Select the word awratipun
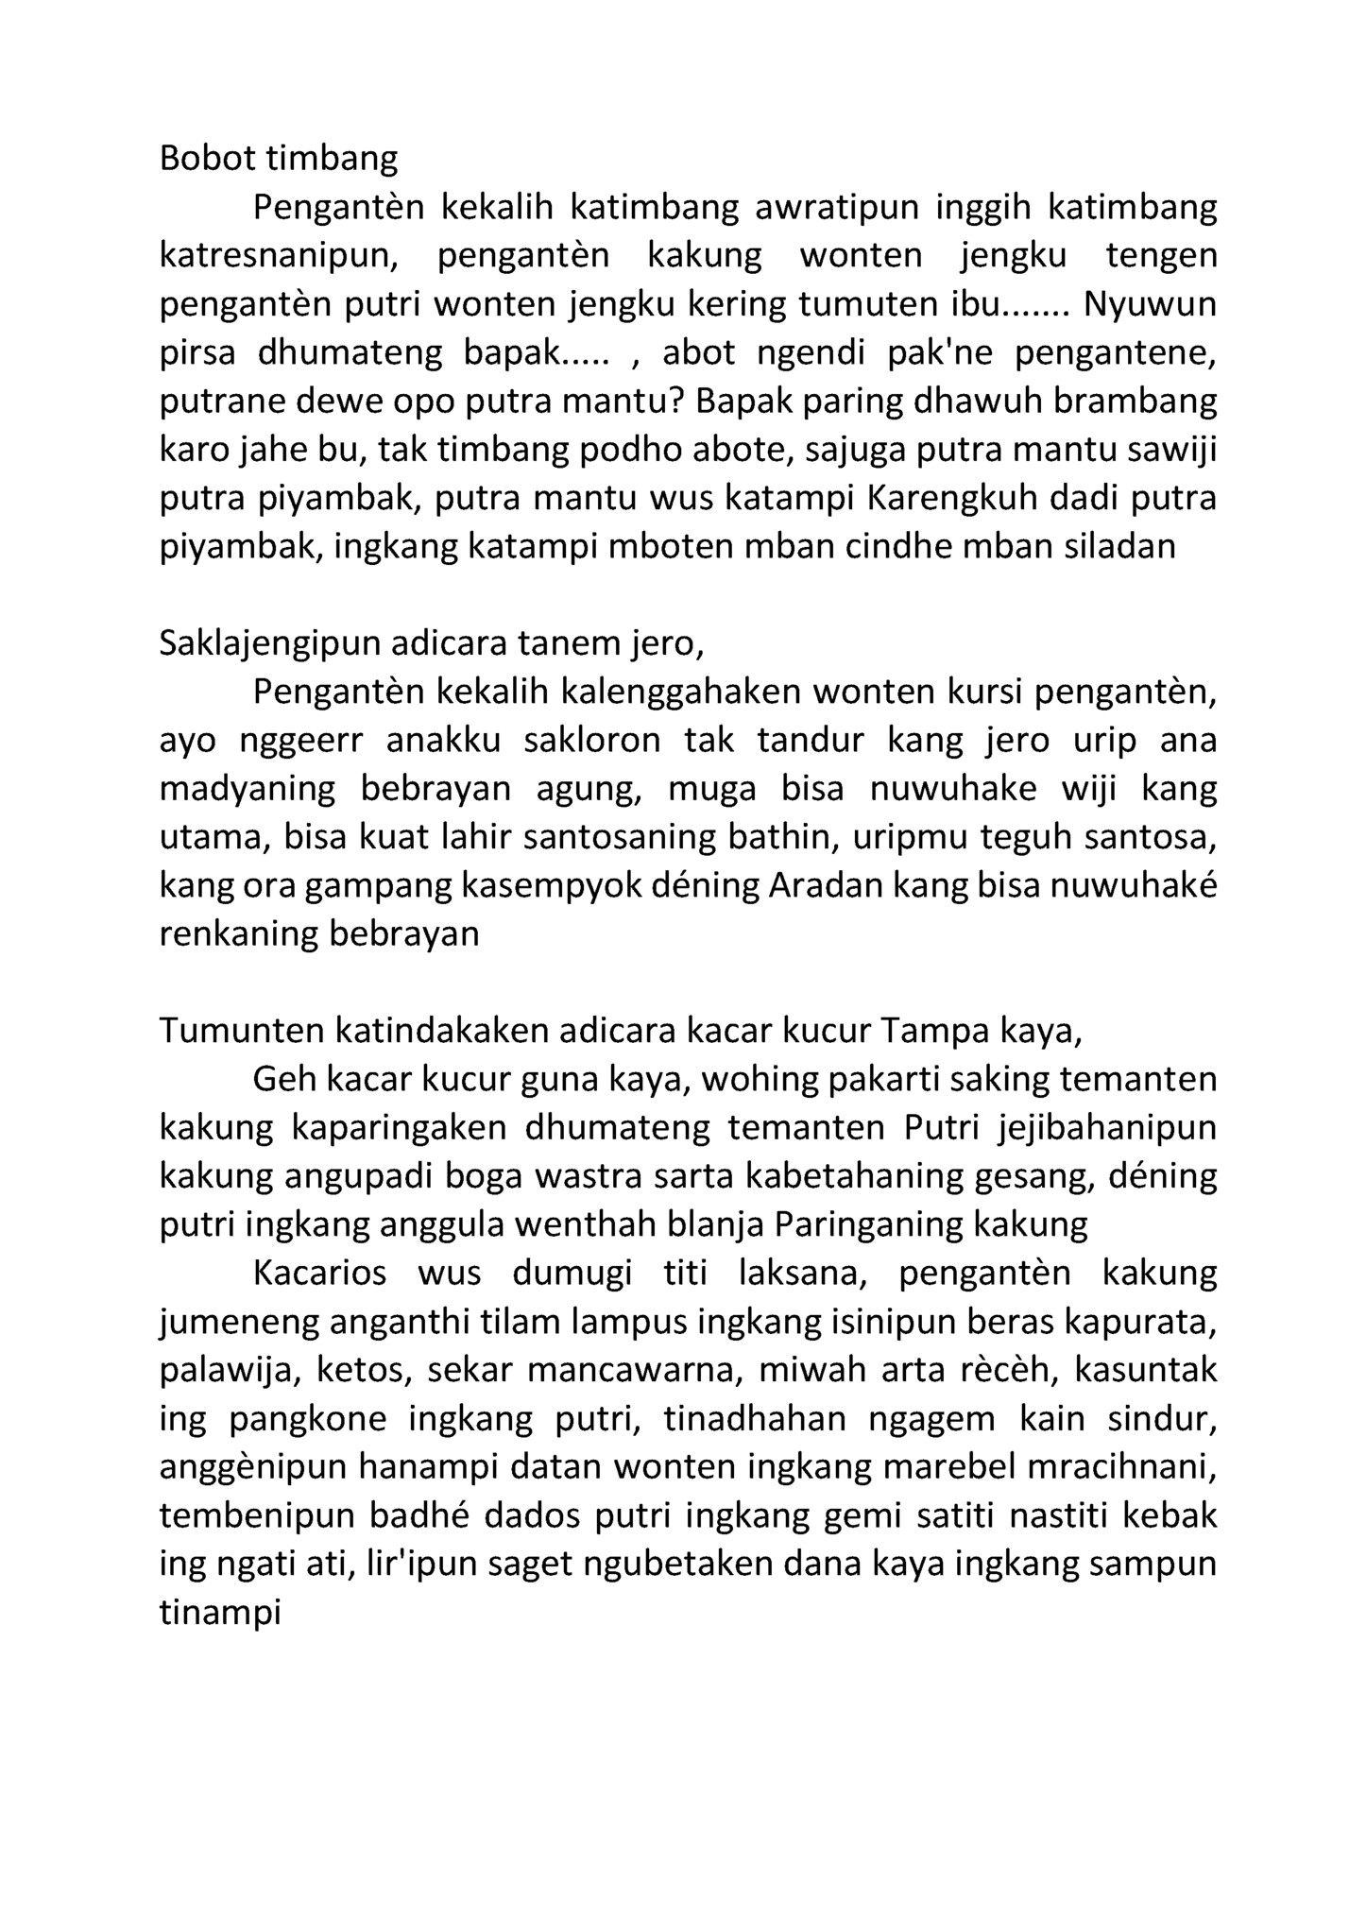pyautogui.click(x=837, y=207)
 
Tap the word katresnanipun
pyautogui.click(x=282, y=256)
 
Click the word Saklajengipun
pyautogui.click(x=269, y=644)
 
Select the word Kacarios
pyautogui.click(x=320, y=1274)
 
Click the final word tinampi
pyautogui.click(x=221, y=1613)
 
